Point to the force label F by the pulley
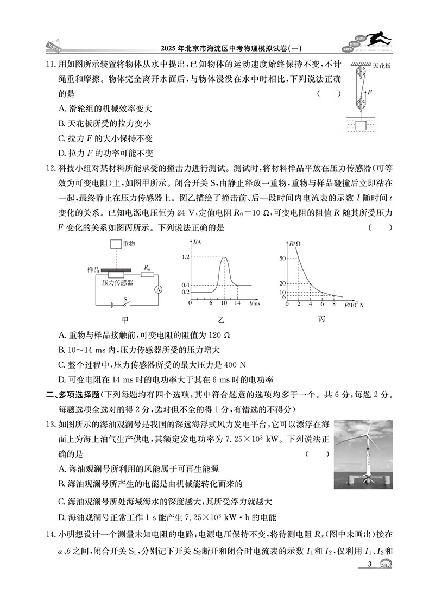[x=370, y=93]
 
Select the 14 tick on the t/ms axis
[x=237, y=302]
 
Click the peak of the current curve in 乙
[x=224, y=257]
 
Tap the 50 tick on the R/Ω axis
[x=282, y=258]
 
